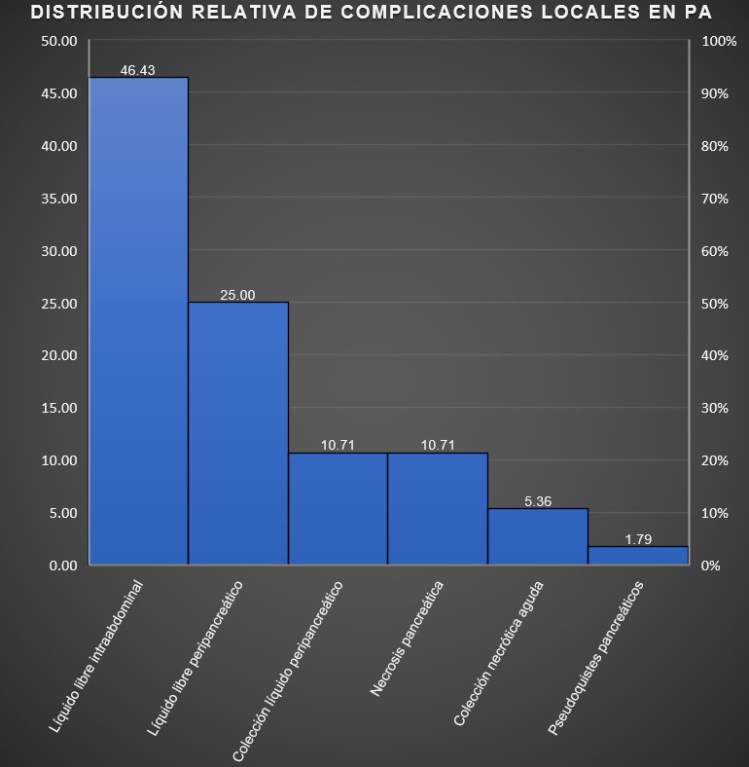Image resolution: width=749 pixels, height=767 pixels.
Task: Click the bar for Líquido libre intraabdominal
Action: [x=138, y=321]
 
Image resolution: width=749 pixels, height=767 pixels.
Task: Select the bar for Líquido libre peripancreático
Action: [x=238, y=433]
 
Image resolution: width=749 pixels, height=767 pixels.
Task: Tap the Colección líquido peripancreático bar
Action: [x=338, y=508]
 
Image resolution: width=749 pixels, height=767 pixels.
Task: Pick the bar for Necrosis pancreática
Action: [x=438, y=508]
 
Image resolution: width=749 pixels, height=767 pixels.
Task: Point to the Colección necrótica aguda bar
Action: [x=538, y=536]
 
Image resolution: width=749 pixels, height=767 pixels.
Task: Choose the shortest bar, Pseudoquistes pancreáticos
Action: [x=638, y=555]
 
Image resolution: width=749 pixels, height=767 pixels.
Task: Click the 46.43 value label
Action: [x=138, y=70]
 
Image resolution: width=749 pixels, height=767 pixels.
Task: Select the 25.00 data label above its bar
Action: [x=237, y=295]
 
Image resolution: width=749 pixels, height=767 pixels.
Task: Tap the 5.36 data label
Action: [x=538, y=501]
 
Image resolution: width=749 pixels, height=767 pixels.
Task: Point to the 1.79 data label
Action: [x=638, y=539]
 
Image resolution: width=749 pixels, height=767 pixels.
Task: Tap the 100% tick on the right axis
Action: [x=719, y=41]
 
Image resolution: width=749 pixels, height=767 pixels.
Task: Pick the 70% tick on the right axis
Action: [x=715, y=199]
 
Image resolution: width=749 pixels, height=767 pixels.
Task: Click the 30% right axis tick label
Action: [x=715, y=408]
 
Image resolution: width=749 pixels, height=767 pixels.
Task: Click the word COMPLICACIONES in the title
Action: [x=422, y=13]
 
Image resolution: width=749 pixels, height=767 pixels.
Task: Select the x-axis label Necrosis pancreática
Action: [x=408, y=639]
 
